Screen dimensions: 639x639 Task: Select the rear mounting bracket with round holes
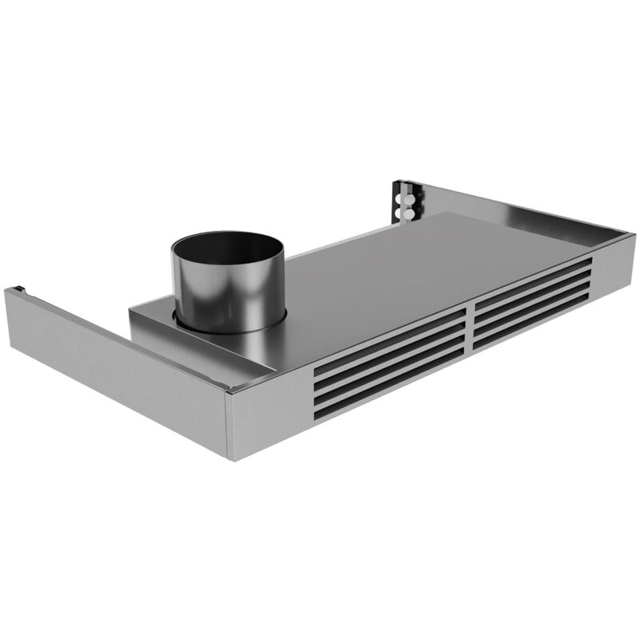pos(406,200)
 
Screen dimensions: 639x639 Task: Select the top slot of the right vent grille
pos(531,276)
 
